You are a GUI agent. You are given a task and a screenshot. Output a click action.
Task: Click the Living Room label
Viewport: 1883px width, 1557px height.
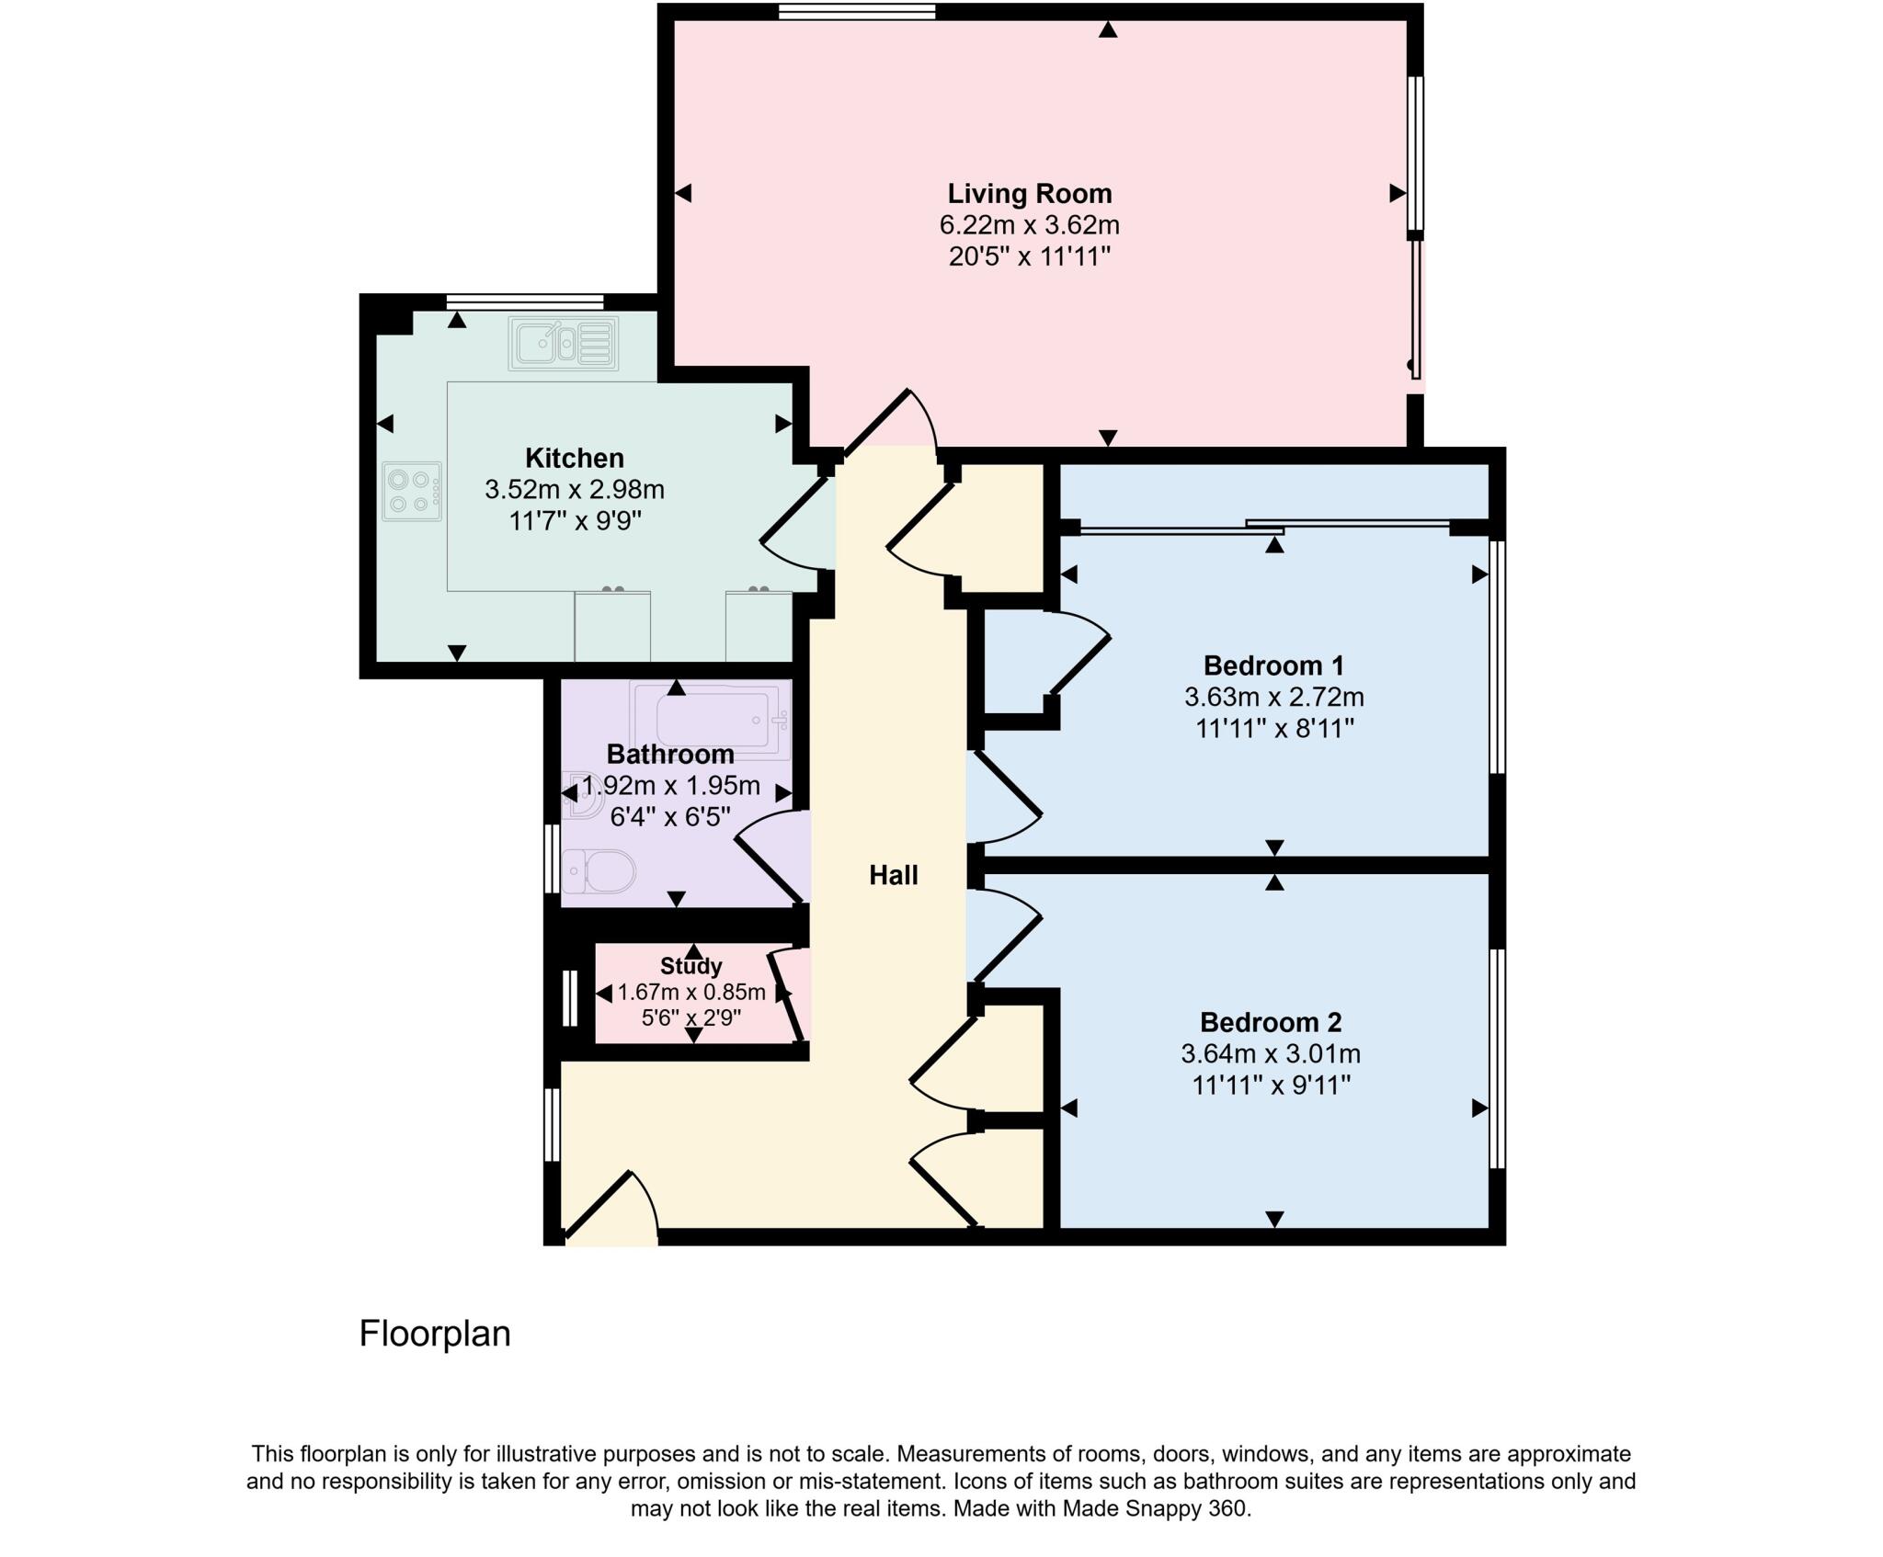point(1029,194)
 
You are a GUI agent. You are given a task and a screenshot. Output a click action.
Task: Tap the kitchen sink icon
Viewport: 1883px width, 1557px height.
point(563,344)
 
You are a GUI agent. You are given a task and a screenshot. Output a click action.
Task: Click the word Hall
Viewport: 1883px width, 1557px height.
point(893,875)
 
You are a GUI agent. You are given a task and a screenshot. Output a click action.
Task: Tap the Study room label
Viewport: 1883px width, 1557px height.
point(690,966)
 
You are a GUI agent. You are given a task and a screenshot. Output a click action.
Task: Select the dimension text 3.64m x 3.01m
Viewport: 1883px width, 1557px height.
point(1271,1053)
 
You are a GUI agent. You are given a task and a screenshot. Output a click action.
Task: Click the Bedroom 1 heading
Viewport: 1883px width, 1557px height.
point(1273,665)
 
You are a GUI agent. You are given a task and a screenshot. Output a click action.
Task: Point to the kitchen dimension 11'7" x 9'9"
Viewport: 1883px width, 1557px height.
point(575,521)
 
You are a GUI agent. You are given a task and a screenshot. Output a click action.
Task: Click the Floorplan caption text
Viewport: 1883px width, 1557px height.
point(434,1334)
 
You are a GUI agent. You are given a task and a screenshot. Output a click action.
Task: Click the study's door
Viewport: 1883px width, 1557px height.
point(786,997)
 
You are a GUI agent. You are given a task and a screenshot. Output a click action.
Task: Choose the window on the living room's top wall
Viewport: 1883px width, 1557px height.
point(856,12)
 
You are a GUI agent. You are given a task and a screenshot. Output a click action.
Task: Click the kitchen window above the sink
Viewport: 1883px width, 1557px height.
point(524,301)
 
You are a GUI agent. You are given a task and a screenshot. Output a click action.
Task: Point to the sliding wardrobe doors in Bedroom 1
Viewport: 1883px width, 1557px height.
point(1264,527)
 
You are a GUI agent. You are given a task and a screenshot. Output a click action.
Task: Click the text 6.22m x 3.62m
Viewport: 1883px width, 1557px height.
point(1029,225)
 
